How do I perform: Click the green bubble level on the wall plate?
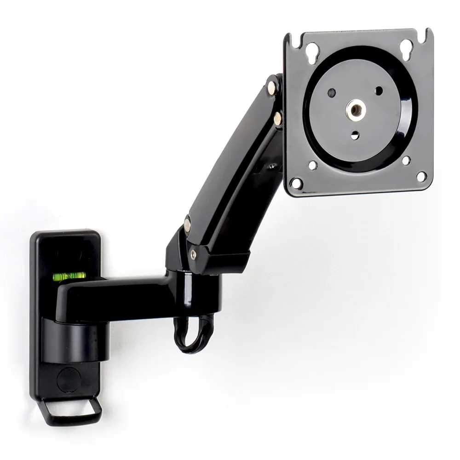point(68,276)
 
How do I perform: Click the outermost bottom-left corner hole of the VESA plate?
point(297,183)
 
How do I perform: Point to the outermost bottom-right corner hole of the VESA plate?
point(420,176)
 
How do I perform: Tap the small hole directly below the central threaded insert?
point(356,135)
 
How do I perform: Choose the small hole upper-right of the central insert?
point(379,91)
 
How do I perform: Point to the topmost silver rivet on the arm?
point(274,85)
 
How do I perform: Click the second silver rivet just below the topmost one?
point(278,119)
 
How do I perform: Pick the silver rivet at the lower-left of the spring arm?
point(188,224)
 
